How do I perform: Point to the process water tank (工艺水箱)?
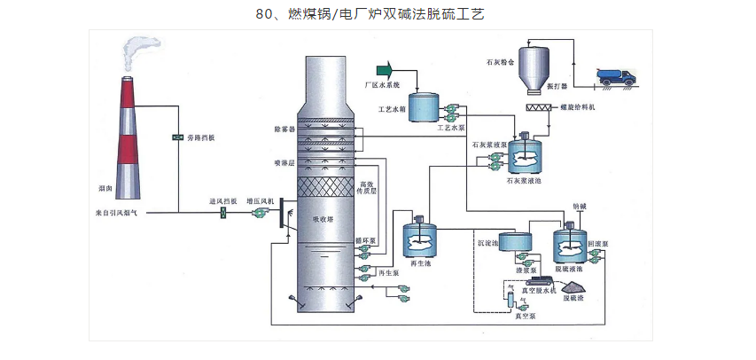pyautogui.click(x=422, y=107)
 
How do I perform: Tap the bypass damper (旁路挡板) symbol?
pyautogui.click(x=177, y=137)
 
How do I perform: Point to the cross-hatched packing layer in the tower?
pyautogui.click(x=322, y=189)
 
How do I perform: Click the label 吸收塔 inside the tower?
pyautogui.click(x=322, y=219)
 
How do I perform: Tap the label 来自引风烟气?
pyautogui.click(x=118, y=213)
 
